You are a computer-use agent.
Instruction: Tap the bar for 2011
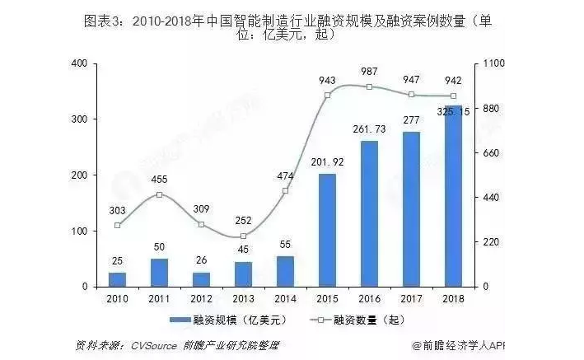160,272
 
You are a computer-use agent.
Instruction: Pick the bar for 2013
243,274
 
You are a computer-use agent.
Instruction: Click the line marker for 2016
370,86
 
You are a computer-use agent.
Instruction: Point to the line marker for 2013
243,236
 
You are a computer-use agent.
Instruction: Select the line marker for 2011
160,194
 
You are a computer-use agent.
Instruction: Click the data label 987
370,72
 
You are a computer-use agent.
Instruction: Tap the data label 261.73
369,130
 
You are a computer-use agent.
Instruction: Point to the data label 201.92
327,163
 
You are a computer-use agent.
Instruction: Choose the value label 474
285,175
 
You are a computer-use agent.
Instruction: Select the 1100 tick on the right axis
493,63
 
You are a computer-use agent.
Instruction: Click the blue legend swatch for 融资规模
179,319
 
